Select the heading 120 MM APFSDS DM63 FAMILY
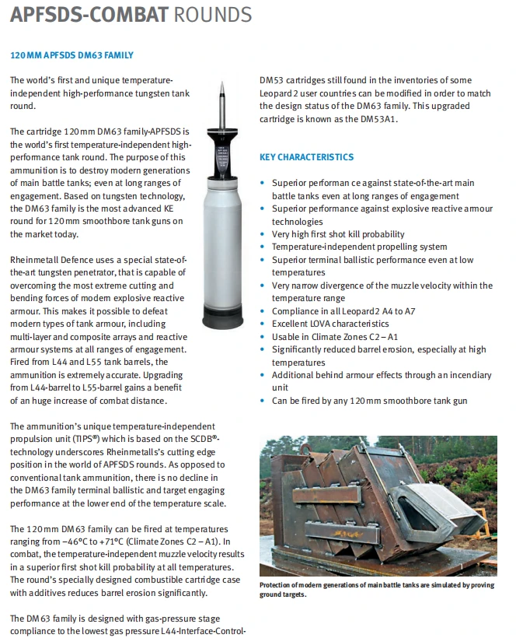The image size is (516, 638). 71,55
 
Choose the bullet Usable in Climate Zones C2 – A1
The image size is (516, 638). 335,337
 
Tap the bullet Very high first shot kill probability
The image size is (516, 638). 338,234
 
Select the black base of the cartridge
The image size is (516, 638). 222,319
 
